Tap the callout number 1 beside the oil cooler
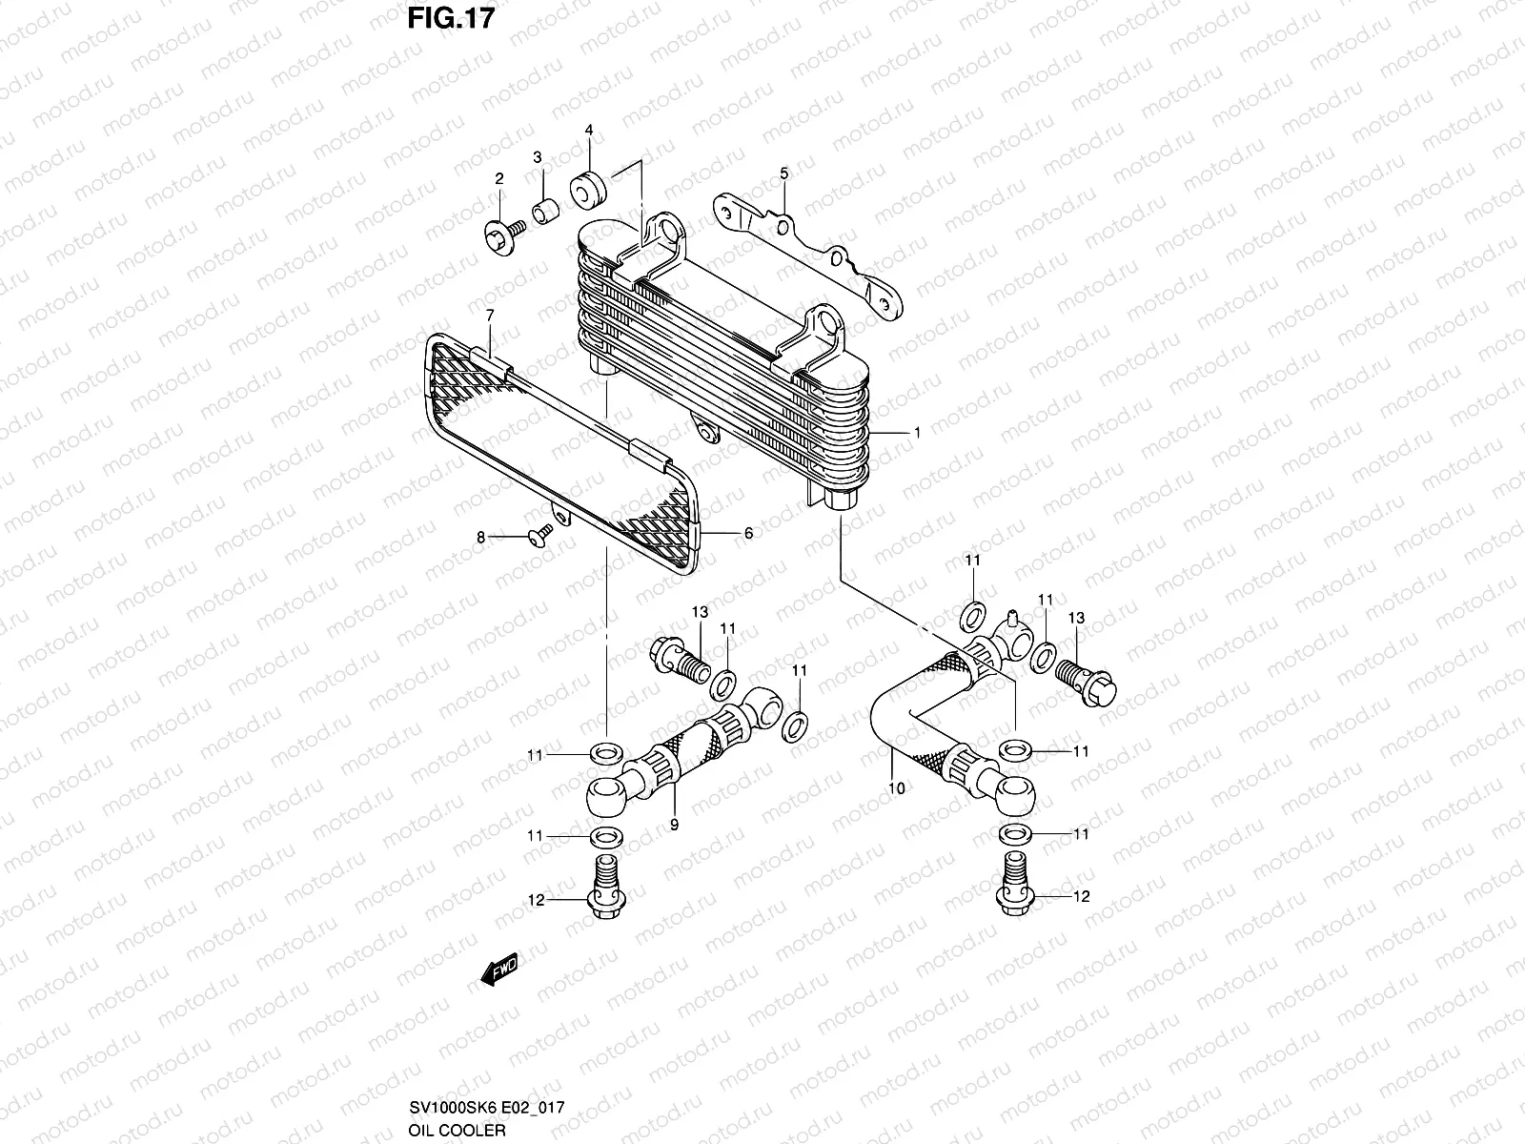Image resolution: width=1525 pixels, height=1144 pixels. pyautogui.click(x=917, y=433)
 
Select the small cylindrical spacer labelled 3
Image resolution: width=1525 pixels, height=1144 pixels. pyautogui.click(x=544, y=211)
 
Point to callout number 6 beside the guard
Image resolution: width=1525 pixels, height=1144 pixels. pyautogui.click(x=748, y=534)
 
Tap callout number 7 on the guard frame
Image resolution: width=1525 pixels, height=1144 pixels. pyautogui.click(x=490, y=315)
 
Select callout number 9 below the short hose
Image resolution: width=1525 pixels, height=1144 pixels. pyautogui.click(x=674, y=826)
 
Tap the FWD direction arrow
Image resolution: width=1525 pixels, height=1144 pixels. pyautogui.click(x=498, y=970)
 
